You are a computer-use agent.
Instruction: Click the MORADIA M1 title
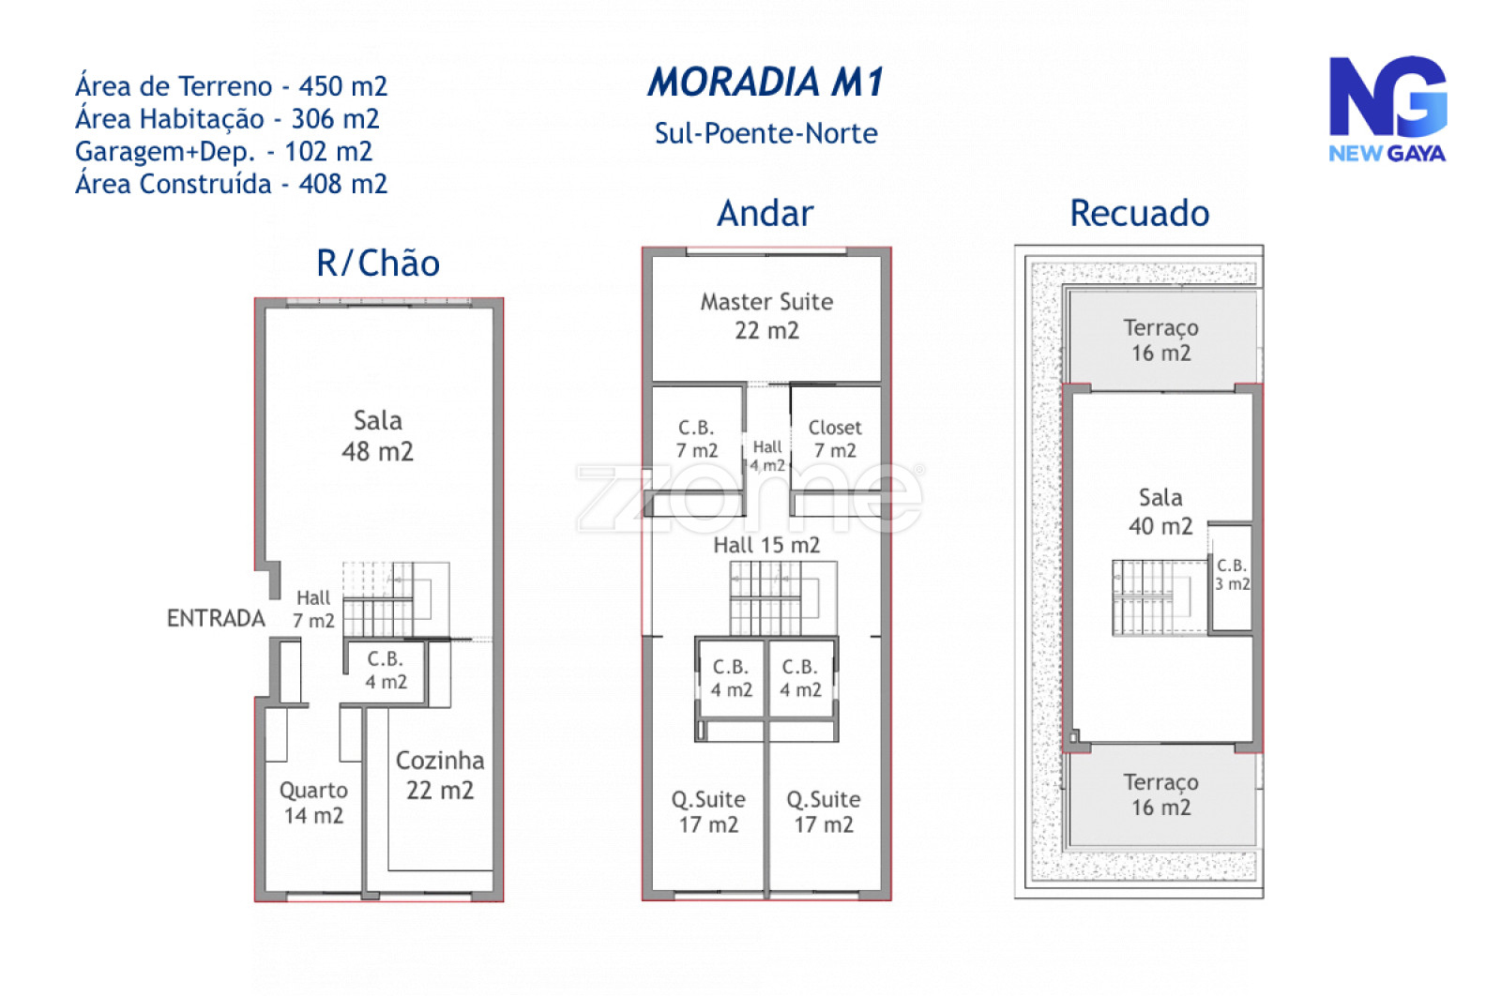point(766,83)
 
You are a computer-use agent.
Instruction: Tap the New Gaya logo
point(1387,109)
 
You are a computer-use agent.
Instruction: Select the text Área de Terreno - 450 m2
point(231,86)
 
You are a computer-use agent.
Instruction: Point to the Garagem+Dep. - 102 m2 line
point(224,151)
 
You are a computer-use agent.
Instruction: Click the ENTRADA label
point(216,618)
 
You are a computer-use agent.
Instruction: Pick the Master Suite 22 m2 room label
point(766,316)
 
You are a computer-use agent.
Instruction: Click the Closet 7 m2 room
point(835,440)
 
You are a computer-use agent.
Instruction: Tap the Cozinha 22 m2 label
point(440,776)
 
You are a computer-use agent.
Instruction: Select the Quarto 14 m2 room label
point(313,803)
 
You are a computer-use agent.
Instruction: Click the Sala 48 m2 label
point(378,436)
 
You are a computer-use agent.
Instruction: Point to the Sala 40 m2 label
point(1160,512)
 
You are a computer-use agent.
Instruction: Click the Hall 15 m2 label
point(766,545)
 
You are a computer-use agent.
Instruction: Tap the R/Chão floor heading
point(378,263)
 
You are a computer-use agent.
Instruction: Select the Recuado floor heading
point(1139,214)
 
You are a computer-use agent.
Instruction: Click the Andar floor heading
point(766,214)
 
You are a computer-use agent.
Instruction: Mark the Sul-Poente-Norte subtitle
point(766,133)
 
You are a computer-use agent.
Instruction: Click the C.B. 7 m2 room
point(697,440)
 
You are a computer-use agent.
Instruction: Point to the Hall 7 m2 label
point(313,610)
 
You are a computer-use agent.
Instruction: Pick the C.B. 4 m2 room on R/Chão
point(386,672)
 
